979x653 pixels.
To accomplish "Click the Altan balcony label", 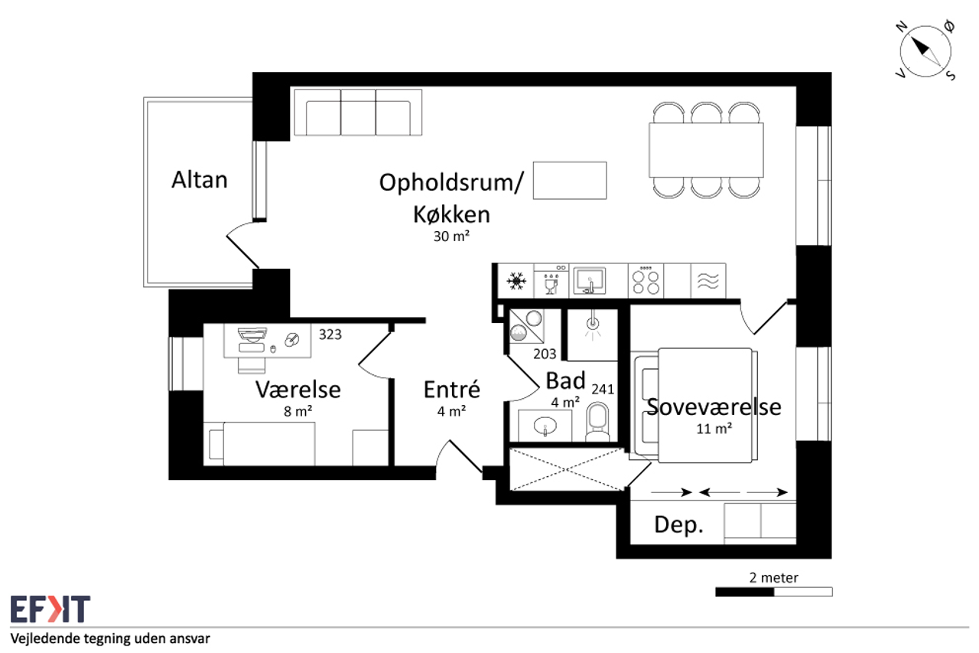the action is coord(200,180).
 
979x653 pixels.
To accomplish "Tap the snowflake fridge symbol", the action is coord(516,281).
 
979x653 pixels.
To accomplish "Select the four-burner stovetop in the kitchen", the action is coord(646,281).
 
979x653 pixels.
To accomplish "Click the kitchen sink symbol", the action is coord(590,280).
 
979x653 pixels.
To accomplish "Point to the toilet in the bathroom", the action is coord(597,422).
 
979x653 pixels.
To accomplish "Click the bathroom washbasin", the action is coord(545,426).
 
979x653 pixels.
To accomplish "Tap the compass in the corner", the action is coord(925,51).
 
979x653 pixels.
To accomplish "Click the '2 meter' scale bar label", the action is coord(773,578).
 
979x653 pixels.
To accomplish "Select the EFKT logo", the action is coord(50,609).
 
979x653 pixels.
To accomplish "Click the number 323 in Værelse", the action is coord(330,335).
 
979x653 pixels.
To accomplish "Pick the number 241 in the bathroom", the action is coord(603,389).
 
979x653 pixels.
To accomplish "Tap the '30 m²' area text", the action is coord(451,237).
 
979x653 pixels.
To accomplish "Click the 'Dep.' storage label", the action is coord(678,525).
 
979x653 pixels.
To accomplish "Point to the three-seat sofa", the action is coord(358,113).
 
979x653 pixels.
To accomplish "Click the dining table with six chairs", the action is coord(706,150).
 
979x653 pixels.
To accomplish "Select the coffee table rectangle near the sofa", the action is coord(570,180).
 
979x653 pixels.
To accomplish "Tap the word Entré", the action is coord(452,389).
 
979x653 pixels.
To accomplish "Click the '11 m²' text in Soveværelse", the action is coord(714,429).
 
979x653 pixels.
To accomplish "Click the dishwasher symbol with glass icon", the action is coord(551,281).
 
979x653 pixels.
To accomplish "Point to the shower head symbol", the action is coord(593,325).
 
